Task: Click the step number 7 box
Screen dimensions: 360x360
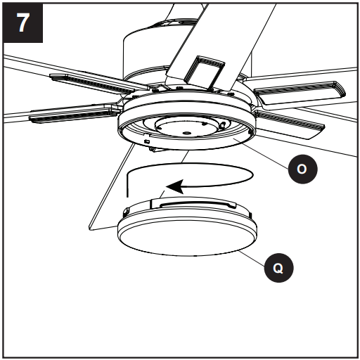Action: tap(23, 23)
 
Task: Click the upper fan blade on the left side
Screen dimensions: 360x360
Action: tap(91, 80)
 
